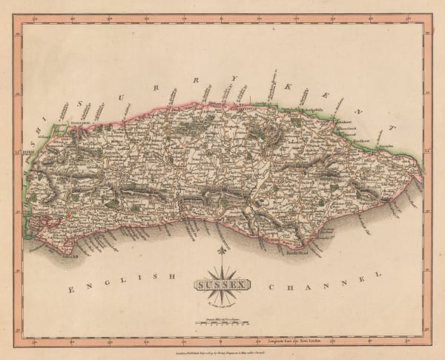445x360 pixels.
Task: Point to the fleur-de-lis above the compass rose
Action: coord(221,251)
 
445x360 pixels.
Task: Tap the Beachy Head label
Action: coord(295,252)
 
